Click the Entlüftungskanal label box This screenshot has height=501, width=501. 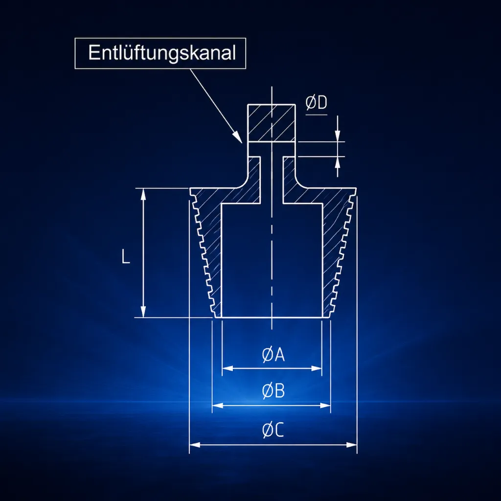click(x=160, y=53)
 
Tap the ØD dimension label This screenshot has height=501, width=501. click(x=317, y=103)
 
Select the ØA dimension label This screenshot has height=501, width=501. click(x=273, y=355)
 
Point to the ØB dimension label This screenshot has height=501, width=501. click(x=273, y=391)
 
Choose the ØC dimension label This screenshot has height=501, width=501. click(x=273, y=430)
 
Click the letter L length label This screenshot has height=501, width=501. click(x=126, y=256)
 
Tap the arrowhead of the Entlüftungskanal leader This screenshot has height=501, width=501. click(x=237, y=137)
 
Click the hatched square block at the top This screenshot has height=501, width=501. click(x=271, y=123)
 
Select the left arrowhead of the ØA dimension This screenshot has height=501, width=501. click(x=227, y=368)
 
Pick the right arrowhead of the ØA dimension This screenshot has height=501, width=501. click(x=317, y=368)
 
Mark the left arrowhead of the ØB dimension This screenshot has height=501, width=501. click(x=218, y=406)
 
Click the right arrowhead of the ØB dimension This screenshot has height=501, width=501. click(x=325, y=406)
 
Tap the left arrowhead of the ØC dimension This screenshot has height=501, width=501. click(x=195, y=445)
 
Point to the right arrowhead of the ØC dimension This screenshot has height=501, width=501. click(x=352, y=445)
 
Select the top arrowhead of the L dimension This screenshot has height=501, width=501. click(x=143, y=194)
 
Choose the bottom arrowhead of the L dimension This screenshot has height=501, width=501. click(x=143, y=312)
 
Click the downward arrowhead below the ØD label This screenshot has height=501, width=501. click(x=338, y=136)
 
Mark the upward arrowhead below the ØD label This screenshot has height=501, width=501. click(x=338, y=162)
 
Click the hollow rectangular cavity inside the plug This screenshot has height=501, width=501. click(x=272, y=260)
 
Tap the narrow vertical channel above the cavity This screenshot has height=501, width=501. click(x=272, y=180)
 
